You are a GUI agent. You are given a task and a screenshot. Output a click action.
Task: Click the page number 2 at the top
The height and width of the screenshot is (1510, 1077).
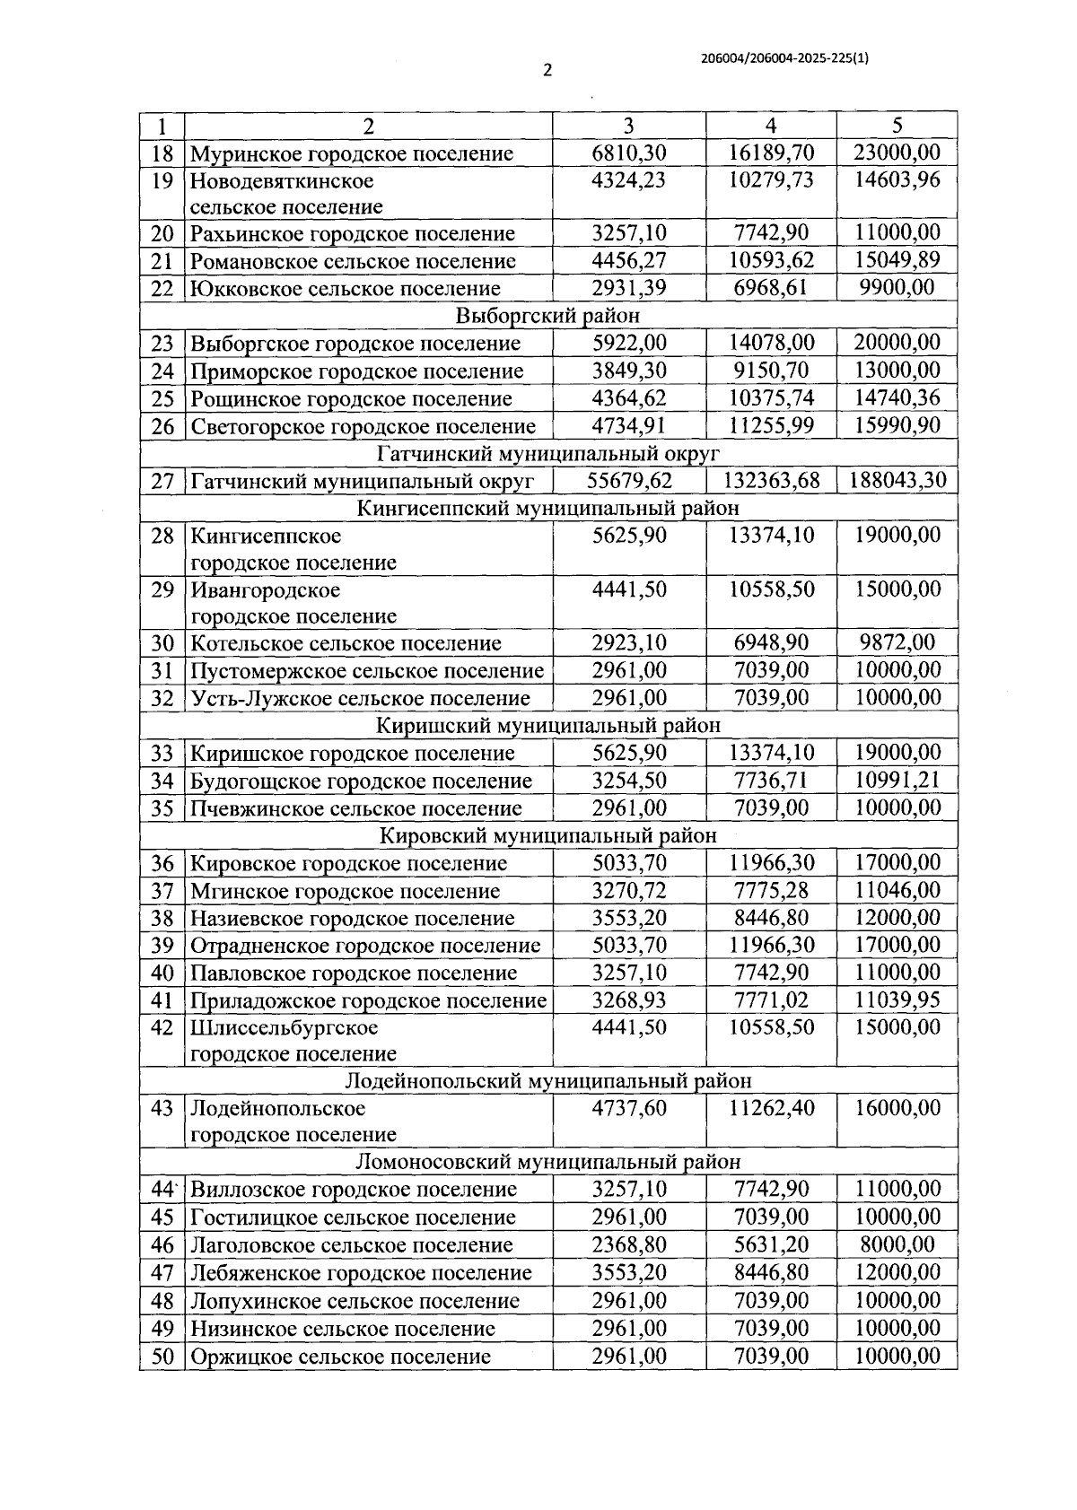click(x=547, y=71)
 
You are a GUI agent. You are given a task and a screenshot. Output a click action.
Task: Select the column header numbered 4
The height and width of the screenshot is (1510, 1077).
click(x=771, y=126)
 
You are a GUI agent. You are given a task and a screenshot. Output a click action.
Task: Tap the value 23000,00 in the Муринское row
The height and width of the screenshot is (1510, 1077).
click(x=897, y=153)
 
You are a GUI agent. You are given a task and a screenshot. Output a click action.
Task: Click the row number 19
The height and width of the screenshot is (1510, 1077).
click(x=162, y=180)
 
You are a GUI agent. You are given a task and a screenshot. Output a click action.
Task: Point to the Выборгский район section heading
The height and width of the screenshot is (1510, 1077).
click(x=547, y=316)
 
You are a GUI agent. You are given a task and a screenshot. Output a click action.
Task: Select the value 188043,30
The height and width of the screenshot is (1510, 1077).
click(x=897, y=480)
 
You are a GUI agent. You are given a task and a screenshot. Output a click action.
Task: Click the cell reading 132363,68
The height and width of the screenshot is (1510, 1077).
click(x=771, y=480)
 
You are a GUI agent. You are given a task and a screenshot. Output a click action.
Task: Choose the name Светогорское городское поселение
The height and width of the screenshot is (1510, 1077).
click(x=363, y=426)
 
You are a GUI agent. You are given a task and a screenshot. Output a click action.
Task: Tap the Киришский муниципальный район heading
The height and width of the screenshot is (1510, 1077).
click(x=547, y=725)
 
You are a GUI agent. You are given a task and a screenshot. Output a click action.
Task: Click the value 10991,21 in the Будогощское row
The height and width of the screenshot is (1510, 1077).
click(x=897, y=780)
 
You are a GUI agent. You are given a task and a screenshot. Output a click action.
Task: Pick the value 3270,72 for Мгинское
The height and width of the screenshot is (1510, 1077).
click(x=629, y=891)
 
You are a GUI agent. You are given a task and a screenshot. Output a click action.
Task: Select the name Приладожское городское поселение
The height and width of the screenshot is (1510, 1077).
click(x=368, y=1000)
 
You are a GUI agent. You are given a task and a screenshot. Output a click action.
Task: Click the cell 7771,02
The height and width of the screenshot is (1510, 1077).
click(x=771, y=1000)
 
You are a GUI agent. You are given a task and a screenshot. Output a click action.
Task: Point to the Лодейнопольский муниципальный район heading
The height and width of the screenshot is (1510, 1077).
click(x=547, y=1081)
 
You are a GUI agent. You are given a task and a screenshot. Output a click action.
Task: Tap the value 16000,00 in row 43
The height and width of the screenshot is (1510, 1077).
click(x=897, y=1108)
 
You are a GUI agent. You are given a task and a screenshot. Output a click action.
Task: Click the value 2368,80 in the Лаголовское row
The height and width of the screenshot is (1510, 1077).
click(x=629, y=1244)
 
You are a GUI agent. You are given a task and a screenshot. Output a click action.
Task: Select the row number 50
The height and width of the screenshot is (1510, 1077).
click(x=162, y=1357)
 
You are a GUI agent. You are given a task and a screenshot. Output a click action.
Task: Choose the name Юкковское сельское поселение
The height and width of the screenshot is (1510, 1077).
click(x=345, y=289)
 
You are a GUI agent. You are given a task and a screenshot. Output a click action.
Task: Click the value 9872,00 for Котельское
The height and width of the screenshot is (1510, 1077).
click(x=897, y=642)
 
